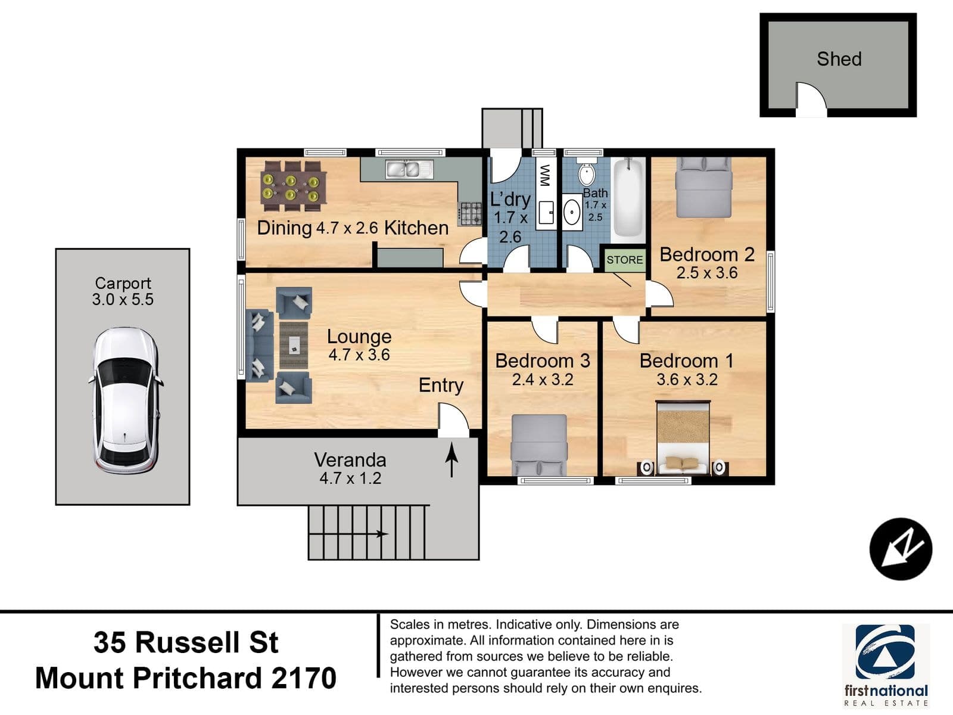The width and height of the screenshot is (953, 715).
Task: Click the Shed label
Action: click(839, 59)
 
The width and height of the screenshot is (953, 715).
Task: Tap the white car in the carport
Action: click(125, 400)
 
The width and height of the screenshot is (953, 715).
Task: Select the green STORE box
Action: click(625, 260)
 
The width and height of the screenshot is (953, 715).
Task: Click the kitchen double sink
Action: click(409, 169)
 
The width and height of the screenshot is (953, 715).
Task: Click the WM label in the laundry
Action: click(544, 175)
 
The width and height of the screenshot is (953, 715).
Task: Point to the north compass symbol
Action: click(901, 549)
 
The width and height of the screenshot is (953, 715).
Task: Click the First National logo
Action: click(885, 665)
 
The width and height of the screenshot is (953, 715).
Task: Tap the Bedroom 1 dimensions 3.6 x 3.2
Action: click(686, 380)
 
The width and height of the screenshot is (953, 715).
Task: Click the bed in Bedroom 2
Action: click(703, 187)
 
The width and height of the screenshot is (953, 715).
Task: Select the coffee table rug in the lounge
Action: click(294, 345)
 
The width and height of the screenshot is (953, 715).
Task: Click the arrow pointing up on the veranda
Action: click(451, 460)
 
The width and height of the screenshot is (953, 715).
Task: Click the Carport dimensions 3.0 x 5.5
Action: click(123, 300)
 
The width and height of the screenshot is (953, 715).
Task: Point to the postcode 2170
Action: click(304, 678)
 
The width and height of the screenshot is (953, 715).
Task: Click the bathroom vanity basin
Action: click(572, 212)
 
